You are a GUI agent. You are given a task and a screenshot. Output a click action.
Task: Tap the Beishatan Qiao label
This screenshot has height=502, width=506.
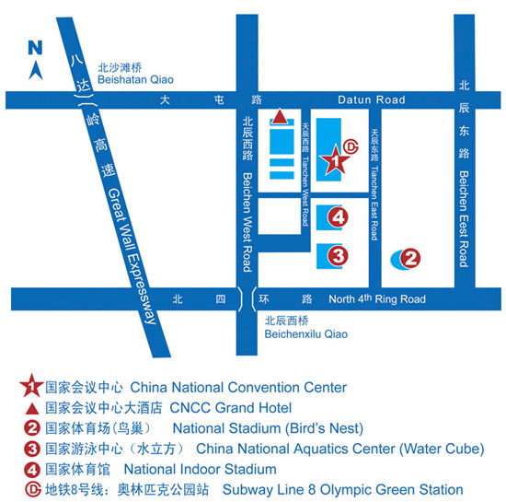coord(140,80)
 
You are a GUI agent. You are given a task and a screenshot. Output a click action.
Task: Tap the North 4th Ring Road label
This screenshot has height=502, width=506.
coord(377,299)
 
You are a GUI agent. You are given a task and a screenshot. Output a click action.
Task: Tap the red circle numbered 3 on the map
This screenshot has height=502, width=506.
coord(339,255)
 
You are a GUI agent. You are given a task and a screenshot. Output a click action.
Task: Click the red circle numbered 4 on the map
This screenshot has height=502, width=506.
coord(339,217)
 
